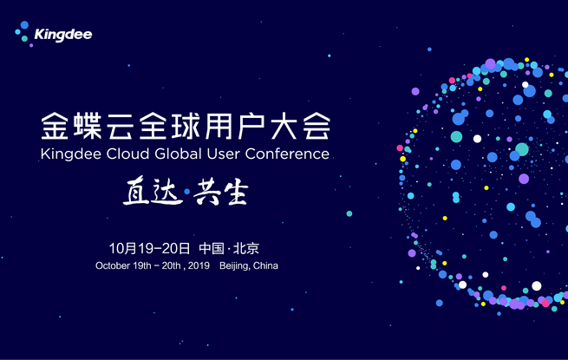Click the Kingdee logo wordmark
click(63, 35)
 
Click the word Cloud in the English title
click(127, 154)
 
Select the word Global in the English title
click(178, 154)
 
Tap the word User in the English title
click(223, 154)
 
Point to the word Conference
click(287, 154)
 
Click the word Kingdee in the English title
click(71, 154)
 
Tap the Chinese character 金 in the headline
click(55, 126)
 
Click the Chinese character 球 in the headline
click(186, 126)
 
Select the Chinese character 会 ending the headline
click(317, 126)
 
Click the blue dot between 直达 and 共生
click(187, 192)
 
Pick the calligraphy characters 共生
click(220, 193)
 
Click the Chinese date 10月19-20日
click(149, 248)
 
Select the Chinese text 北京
click(246, 248)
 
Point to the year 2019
click(199, 265)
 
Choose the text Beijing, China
click(249, 265)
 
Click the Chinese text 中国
click(212, 248)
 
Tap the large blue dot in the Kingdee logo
click(24, 25)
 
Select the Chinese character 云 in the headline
click(121, 126)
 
